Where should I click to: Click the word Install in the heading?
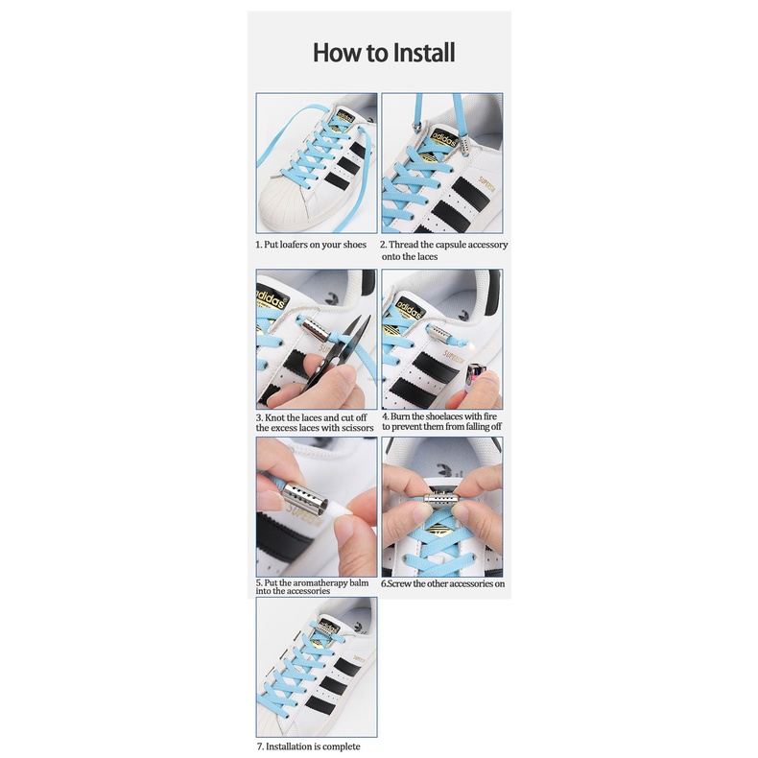(424, 52)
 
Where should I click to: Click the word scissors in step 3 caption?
(355, 428)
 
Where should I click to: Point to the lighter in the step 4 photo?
(476, 382)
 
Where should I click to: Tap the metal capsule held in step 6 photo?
(441, 498)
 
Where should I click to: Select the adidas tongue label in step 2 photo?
(442, 140)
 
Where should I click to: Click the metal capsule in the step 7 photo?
(328, 629)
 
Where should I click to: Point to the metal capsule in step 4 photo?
(439, 333)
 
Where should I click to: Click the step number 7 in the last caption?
(260, 746)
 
